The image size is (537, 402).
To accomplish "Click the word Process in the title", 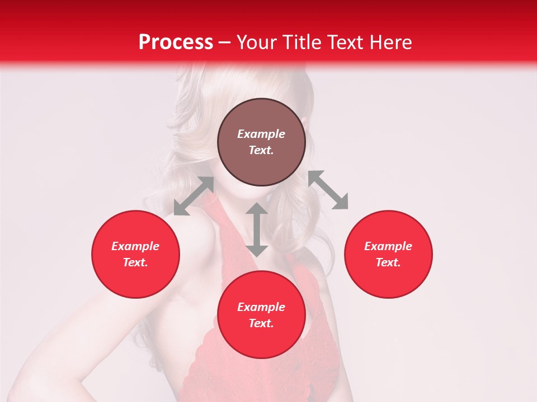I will click(176, 42).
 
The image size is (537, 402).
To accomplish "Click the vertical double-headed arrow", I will click(257, 229).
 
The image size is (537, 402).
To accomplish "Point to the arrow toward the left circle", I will click(194, 196).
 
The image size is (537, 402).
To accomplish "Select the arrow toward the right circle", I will click(328, 190).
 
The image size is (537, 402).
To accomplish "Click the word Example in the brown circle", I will click(261, 134).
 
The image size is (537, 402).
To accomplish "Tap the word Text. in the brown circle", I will click(261, 150).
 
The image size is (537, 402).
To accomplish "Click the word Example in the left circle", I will click(135, 246).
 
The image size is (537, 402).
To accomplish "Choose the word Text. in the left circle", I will click(135, 262).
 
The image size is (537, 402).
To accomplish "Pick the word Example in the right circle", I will click(388, 246).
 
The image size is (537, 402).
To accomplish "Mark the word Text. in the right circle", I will click(388, 262).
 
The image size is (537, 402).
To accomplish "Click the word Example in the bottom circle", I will click(261, 307).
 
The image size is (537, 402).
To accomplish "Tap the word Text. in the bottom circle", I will click(261, 323).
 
